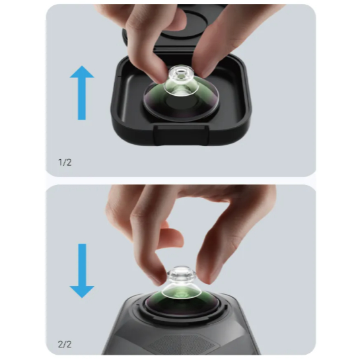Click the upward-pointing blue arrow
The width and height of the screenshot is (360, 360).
(82, 92)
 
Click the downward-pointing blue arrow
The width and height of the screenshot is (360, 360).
(82, 271)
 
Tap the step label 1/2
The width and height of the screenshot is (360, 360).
(65, 162)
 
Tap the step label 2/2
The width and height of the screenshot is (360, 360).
(65, 344)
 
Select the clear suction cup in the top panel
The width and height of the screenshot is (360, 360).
(182, 81)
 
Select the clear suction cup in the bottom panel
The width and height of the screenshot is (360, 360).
(182, 283)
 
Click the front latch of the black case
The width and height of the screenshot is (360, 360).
(182, 135)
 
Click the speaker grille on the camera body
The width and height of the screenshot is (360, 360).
(182, 343)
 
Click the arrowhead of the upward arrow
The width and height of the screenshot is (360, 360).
(82, 71)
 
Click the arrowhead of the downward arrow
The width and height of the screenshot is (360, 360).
(82, 292)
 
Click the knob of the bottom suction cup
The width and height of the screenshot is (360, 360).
(182, 273)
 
